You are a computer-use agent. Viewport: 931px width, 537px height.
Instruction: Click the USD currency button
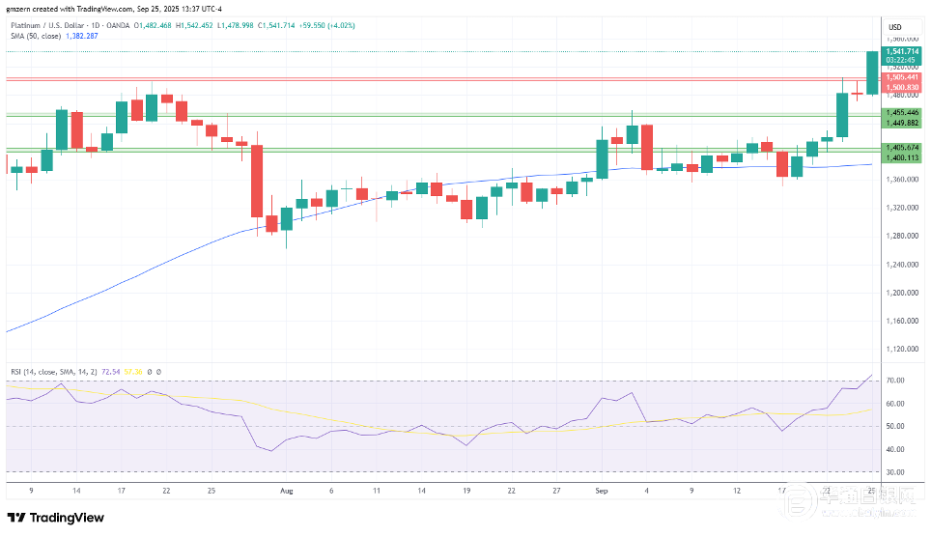[895, 26]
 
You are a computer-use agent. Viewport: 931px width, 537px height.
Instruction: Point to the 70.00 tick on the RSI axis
[895, 381]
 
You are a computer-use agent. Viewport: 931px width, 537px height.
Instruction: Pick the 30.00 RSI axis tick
[895, 472]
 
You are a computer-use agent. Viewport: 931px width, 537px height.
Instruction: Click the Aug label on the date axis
[286, 491]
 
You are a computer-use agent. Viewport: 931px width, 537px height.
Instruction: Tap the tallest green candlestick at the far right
[872, 72]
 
